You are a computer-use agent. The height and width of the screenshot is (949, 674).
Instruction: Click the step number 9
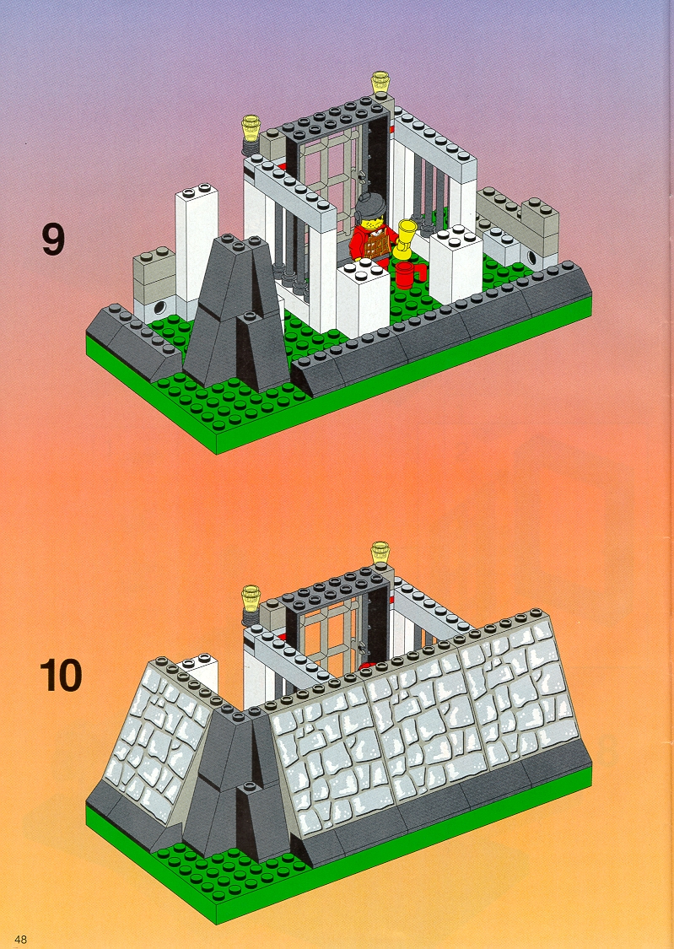52,239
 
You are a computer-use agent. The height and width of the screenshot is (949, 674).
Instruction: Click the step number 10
61,676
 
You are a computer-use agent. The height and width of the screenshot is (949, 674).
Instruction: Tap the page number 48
20,939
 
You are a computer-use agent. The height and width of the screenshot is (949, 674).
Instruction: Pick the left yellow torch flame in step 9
251,127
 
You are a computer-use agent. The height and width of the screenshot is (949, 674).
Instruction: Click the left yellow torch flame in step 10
251,597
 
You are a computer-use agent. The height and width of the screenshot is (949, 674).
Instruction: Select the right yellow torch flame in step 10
380,553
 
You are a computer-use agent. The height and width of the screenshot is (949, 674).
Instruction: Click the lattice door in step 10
332,636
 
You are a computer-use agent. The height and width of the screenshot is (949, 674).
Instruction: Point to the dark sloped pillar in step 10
236,782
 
